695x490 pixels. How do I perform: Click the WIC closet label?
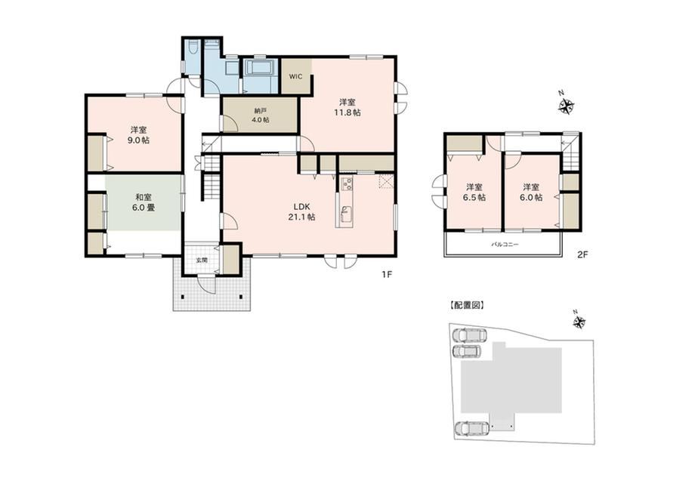(x=295, y=77)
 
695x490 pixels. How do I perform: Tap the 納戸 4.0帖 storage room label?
(x=261, y=116)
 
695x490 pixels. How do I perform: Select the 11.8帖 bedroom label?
(x=347, y=107)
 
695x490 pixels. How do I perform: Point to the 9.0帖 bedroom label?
(x=139, y=135)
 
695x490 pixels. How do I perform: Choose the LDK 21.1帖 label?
(x=304, y=211)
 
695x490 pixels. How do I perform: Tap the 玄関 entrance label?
(x=202, y=260)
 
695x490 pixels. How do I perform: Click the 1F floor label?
(x=387, y=275)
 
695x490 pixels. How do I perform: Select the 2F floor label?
(x=582, y=254)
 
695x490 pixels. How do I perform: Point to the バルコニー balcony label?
(x=505, y=245)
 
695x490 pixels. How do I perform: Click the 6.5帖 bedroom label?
(x=474, y=193)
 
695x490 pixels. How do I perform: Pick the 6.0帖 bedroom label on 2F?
(x=531, y=193)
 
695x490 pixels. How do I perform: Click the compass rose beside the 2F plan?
(x=566, y=106)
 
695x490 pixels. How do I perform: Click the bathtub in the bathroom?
(x=259, y=70)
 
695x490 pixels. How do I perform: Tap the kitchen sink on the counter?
(x=346, y=214)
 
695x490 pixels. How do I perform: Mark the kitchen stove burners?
(x=346, y=183)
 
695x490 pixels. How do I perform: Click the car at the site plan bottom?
(x=472, y=428)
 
